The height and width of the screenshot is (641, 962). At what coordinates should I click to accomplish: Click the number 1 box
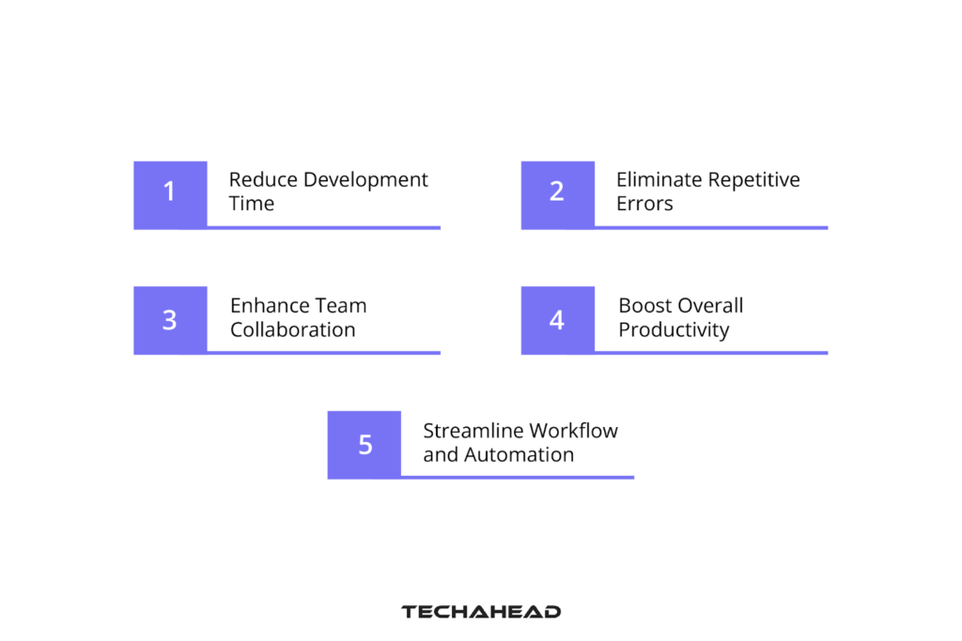click(x=170, y=194)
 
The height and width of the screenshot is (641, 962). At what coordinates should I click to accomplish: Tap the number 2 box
click(x=557, y=194)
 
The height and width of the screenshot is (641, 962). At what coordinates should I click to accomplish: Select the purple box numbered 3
click(x=170, y=320)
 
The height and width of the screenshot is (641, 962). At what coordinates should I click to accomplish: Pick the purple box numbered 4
click(x=557, y=320)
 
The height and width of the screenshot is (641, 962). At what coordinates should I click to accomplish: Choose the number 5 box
click(x=365, y=445)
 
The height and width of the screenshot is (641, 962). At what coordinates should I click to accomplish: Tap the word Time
click(x=252, y=204)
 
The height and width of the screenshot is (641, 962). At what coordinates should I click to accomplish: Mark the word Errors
click(x=644, y=204)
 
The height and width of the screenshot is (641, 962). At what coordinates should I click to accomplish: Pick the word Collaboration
click(x=293, y=330)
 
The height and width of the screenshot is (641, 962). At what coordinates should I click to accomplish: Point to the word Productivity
click(x=674, y=330)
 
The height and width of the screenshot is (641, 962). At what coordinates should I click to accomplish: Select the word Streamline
click(x=473, y=431)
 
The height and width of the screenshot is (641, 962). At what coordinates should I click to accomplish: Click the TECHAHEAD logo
click(x=481, y=612)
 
